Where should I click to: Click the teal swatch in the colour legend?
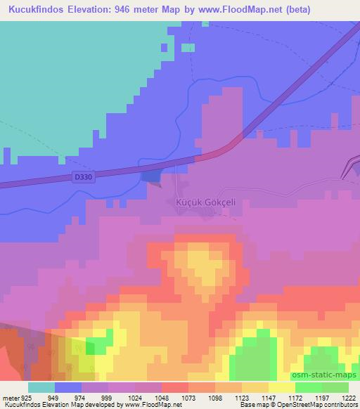[41, 388]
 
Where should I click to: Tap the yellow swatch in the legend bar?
[282, 388]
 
